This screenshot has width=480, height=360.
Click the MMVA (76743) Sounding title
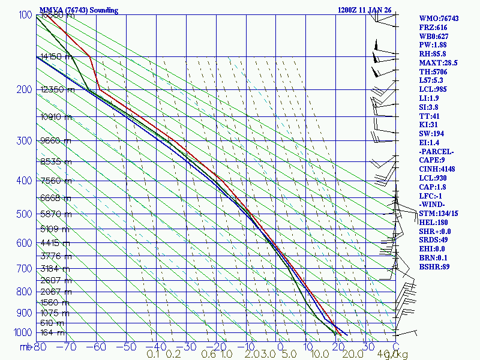click(x=79, y=10)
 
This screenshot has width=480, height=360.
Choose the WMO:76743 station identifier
click(x=439, y=19)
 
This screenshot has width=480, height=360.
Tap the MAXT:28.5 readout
click(x=438, y=62)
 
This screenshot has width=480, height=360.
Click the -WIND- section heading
click(x=434, y=205)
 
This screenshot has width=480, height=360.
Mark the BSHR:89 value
click(x=434, y=266)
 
